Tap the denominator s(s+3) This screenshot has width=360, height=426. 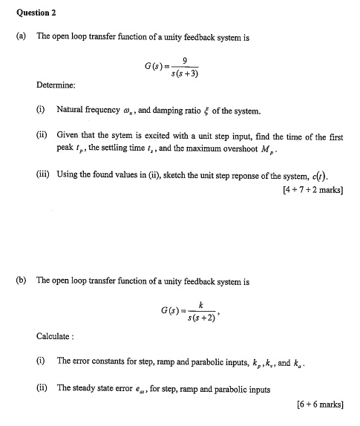183,74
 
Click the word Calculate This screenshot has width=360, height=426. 54,336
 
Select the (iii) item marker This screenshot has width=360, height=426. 44,176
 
